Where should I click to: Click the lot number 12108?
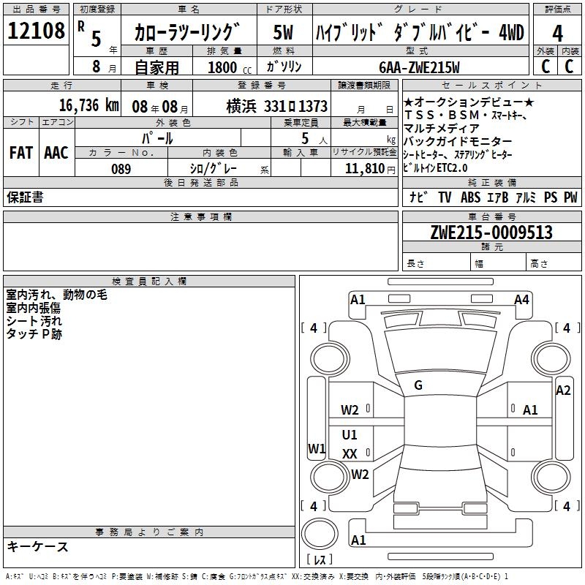(36, 31)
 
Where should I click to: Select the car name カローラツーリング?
(187, 32)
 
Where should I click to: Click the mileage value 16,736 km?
(80, 105)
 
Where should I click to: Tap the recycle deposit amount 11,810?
(363, 168)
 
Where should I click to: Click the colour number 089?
(121, 169)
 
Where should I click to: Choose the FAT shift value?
(20, 152)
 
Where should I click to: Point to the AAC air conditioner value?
(56, 152)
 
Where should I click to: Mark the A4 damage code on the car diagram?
(521, 299)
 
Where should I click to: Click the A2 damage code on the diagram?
(563, 390)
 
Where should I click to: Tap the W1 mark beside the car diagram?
(316, 448)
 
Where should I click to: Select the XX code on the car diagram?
(350, 454)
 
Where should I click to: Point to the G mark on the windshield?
(418, 385)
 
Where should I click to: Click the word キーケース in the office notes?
(37, 547)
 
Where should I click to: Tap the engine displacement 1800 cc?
(227, 67)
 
